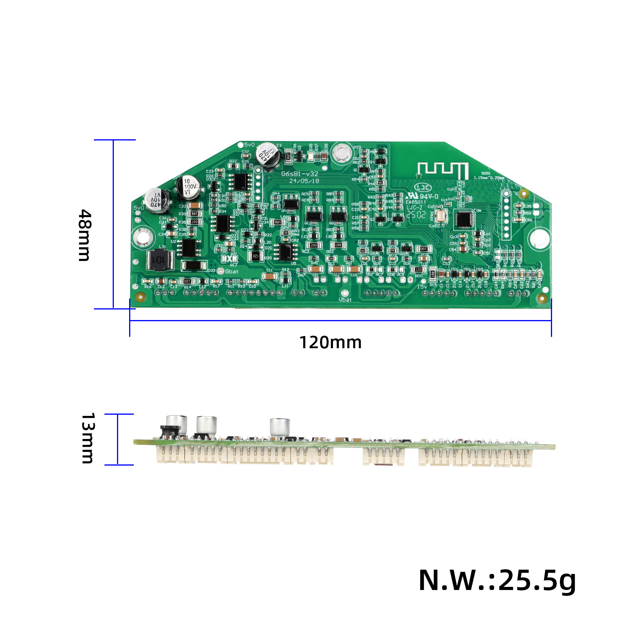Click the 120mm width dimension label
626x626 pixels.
pos(330,342)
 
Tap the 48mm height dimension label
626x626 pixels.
pos(85,235)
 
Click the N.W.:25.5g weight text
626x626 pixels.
pos(497,580)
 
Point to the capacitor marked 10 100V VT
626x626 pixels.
pos(189,187)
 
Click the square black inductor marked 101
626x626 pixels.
pos(160,260)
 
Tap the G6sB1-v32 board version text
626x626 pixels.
pos(300,174)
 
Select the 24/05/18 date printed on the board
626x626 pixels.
pos(304,181)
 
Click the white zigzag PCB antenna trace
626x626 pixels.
pos(443,171)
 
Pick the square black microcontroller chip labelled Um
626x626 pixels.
pos(465,219)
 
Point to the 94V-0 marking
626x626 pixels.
pos(429,196)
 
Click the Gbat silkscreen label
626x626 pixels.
pos(232,272)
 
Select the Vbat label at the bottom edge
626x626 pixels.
pos(345,300)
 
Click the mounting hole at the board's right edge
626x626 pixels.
pos(539,238)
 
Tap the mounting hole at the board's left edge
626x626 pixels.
pos(142,237)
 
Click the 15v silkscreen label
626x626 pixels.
pos(422,287)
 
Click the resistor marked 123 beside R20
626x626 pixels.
pos(255,256)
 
